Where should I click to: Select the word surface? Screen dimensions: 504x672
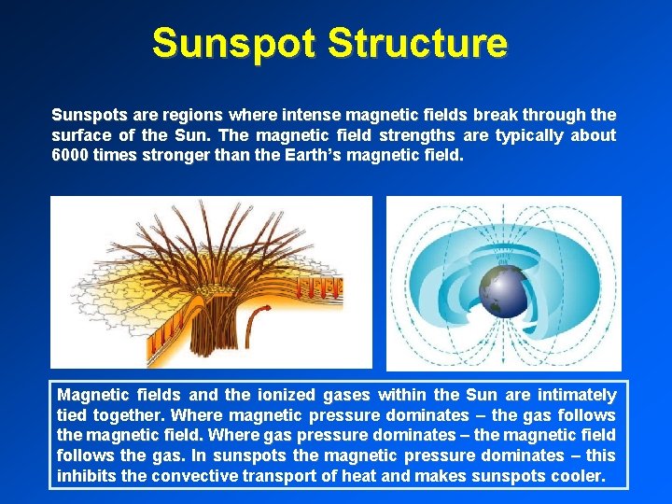(x=80, y=135)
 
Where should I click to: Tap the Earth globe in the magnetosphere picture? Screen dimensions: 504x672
(x=498, y=292)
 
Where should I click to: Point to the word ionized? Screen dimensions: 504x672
(x=279, y=395)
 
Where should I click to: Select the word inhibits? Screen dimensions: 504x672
(x=88, y=477)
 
